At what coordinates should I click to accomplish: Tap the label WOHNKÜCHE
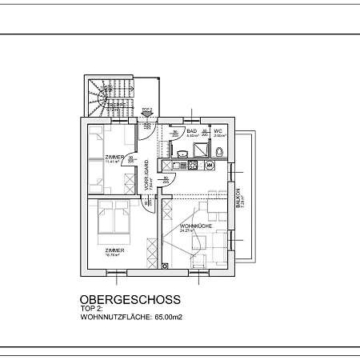click(x=195, y=226)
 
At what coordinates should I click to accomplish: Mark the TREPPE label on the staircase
click(x=118, y=104)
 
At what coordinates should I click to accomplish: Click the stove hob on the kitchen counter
click(x=191, y=166)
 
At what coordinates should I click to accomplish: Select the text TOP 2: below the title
click(x=93, y=310)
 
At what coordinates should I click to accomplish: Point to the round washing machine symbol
click(x=210, y=166)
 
